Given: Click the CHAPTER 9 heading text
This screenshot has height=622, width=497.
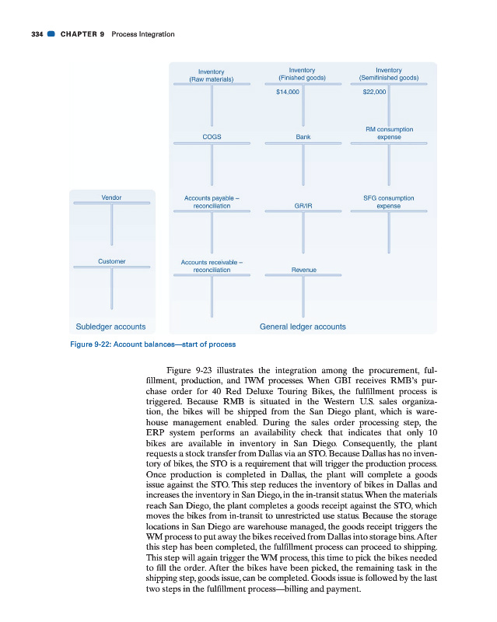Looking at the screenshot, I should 82,34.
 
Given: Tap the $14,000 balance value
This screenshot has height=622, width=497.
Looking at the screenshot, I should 287,93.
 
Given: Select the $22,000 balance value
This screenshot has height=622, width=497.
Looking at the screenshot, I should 374,93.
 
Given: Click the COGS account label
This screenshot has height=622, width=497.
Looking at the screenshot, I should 212,136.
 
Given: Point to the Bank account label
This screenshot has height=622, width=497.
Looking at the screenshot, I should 303,136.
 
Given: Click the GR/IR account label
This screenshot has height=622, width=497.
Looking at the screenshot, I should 303,206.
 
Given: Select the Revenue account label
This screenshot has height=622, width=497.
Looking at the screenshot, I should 303,269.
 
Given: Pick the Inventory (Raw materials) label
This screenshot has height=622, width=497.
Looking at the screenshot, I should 212,75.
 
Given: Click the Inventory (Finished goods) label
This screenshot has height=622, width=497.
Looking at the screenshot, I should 302,73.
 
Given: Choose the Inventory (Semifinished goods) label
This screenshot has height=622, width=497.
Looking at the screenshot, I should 389,73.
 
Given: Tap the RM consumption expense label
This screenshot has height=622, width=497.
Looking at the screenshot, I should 389,133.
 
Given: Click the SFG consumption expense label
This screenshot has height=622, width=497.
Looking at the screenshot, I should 389,202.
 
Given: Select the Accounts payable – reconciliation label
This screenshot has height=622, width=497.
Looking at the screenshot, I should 212,202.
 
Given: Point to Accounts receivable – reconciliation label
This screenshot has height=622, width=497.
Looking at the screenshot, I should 212,266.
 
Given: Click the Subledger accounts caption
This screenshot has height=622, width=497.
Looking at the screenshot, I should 110,327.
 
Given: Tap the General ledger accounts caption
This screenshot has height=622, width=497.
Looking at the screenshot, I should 303,327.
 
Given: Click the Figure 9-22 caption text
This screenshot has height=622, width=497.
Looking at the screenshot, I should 152,344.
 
